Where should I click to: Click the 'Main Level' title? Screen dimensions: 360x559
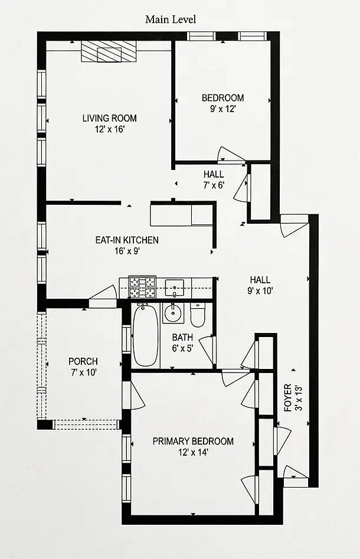click(x=171, y=19)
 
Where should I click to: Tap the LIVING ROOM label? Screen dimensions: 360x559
click(x=109, y=118)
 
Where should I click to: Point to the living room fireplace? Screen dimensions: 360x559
click(x=109, y=52)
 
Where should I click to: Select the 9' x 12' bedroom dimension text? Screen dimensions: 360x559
click(x=222, y=109)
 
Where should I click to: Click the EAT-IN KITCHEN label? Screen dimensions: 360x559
click(x=127, y=240)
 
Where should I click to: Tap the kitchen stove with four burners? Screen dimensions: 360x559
click(x=142, y=287)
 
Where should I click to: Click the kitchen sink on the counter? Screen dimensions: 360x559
click(x=174, y=288)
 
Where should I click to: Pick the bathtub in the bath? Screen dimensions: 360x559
click(x=145, y=335)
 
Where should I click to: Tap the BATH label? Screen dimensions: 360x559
click(x=182, y=337)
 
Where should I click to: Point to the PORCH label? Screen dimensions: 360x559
click(x=83, y=361)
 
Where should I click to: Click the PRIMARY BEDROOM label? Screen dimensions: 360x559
click(x=193, y=442)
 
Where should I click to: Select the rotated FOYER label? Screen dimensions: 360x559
click(x=288, y=398)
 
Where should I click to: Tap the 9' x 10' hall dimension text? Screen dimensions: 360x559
click(x=260, y=291)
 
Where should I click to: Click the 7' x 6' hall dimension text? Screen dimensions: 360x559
click(x=214, y=185)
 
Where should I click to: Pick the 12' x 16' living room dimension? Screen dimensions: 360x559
click(x=109, y=129)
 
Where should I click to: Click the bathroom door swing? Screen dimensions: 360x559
click(x=206, y=350)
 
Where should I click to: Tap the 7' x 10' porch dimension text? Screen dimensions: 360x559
click(x=83, y=372)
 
